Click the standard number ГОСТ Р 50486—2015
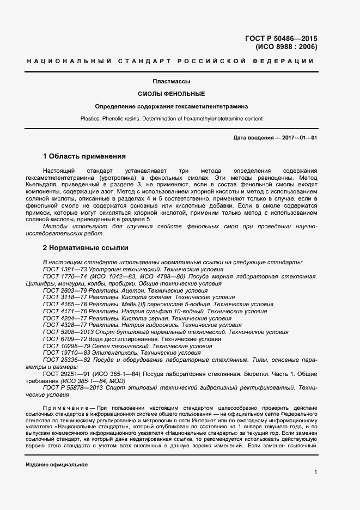[x=282, y=39]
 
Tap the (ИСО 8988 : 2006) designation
[x=286, y=47]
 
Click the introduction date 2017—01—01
[x=299, y=138]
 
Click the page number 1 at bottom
[x=315, y=472]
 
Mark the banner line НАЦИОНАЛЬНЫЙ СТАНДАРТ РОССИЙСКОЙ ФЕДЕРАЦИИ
[x=170, y=60]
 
